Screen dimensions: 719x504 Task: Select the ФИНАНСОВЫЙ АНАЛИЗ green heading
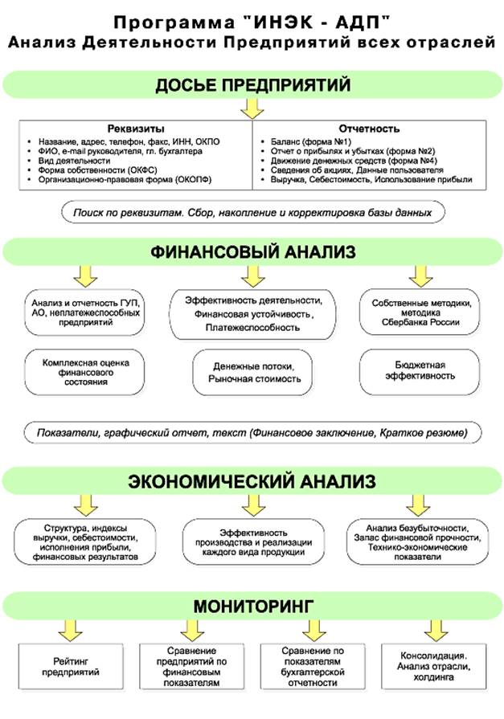(x=252, y=251)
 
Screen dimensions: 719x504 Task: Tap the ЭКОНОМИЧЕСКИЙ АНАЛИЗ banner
(x=252, y=482)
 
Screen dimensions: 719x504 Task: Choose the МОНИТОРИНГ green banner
(x=252, y=603)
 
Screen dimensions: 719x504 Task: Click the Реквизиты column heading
(x=136, y=129)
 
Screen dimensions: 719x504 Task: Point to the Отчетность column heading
(x=370, y=129)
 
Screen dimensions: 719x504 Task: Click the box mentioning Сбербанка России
(x=415, y=313)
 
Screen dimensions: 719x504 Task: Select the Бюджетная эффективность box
(x=415, y=370)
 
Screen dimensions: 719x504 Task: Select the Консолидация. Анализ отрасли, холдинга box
(x=435, y=665)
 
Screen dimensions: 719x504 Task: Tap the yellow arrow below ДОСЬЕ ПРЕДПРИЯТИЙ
(x=252, y=108)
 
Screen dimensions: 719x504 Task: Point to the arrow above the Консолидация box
(x=435, y=627)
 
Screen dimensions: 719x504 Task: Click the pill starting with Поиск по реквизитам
(x=252, y=214)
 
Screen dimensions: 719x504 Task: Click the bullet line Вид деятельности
(x=77, y=161)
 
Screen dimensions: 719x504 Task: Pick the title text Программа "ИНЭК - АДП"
(x=252, y=19)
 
